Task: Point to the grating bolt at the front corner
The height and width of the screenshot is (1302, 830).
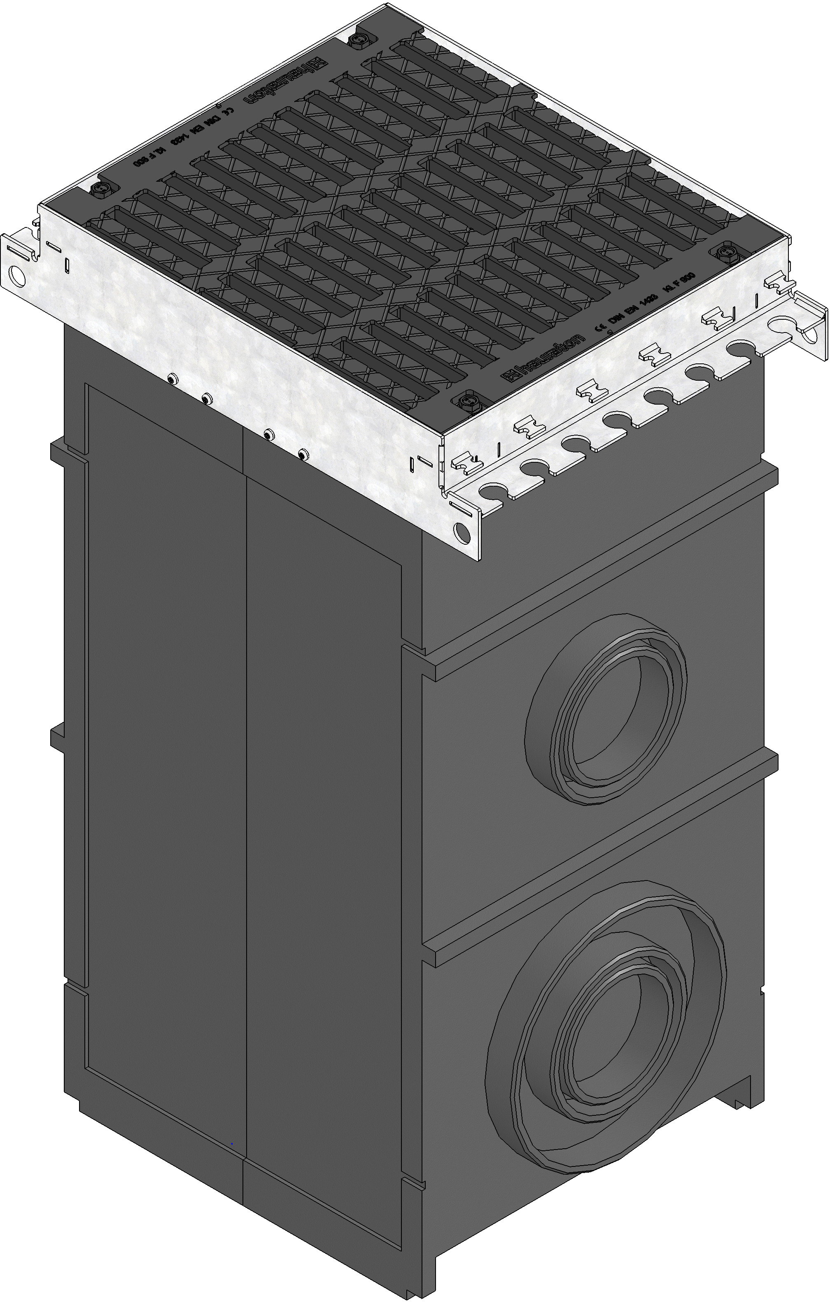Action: (466, 401)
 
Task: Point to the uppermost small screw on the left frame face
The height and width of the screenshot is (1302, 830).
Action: (172, 379)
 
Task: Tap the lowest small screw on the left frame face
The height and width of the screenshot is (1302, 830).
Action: (303, 453)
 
